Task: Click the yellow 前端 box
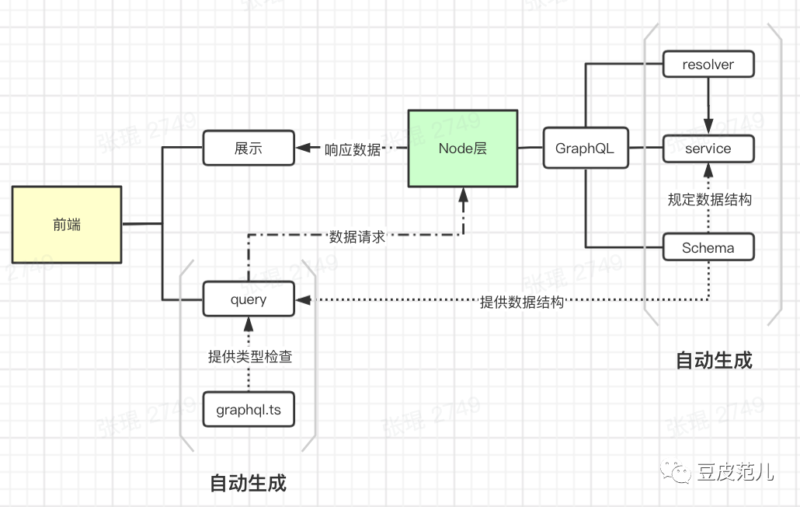[x=67, y=225]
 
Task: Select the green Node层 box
[x=463, y=148]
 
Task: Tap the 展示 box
[x=249, y=148]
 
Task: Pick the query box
[x=249, y=299]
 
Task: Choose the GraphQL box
[x=585, y=148]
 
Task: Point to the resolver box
[x=708, y=64]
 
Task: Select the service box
[x=708, y=148]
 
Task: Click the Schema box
[x=708, y=247]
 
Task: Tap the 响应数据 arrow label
[x=353, y=149]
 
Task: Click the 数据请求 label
[x=357, y=236]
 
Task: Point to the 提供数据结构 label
[x=522, y=302]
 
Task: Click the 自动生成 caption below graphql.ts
[x=249, y=483]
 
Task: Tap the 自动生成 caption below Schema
[x=714, y=360]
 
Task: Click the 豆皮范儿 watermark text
[x=735, y=471]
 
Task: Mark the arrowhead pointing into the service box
[x=708, y=126]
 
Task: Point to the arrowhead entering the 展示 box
[x=303, y=148]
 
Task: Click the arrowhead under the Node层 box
[x=464, y=194]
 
